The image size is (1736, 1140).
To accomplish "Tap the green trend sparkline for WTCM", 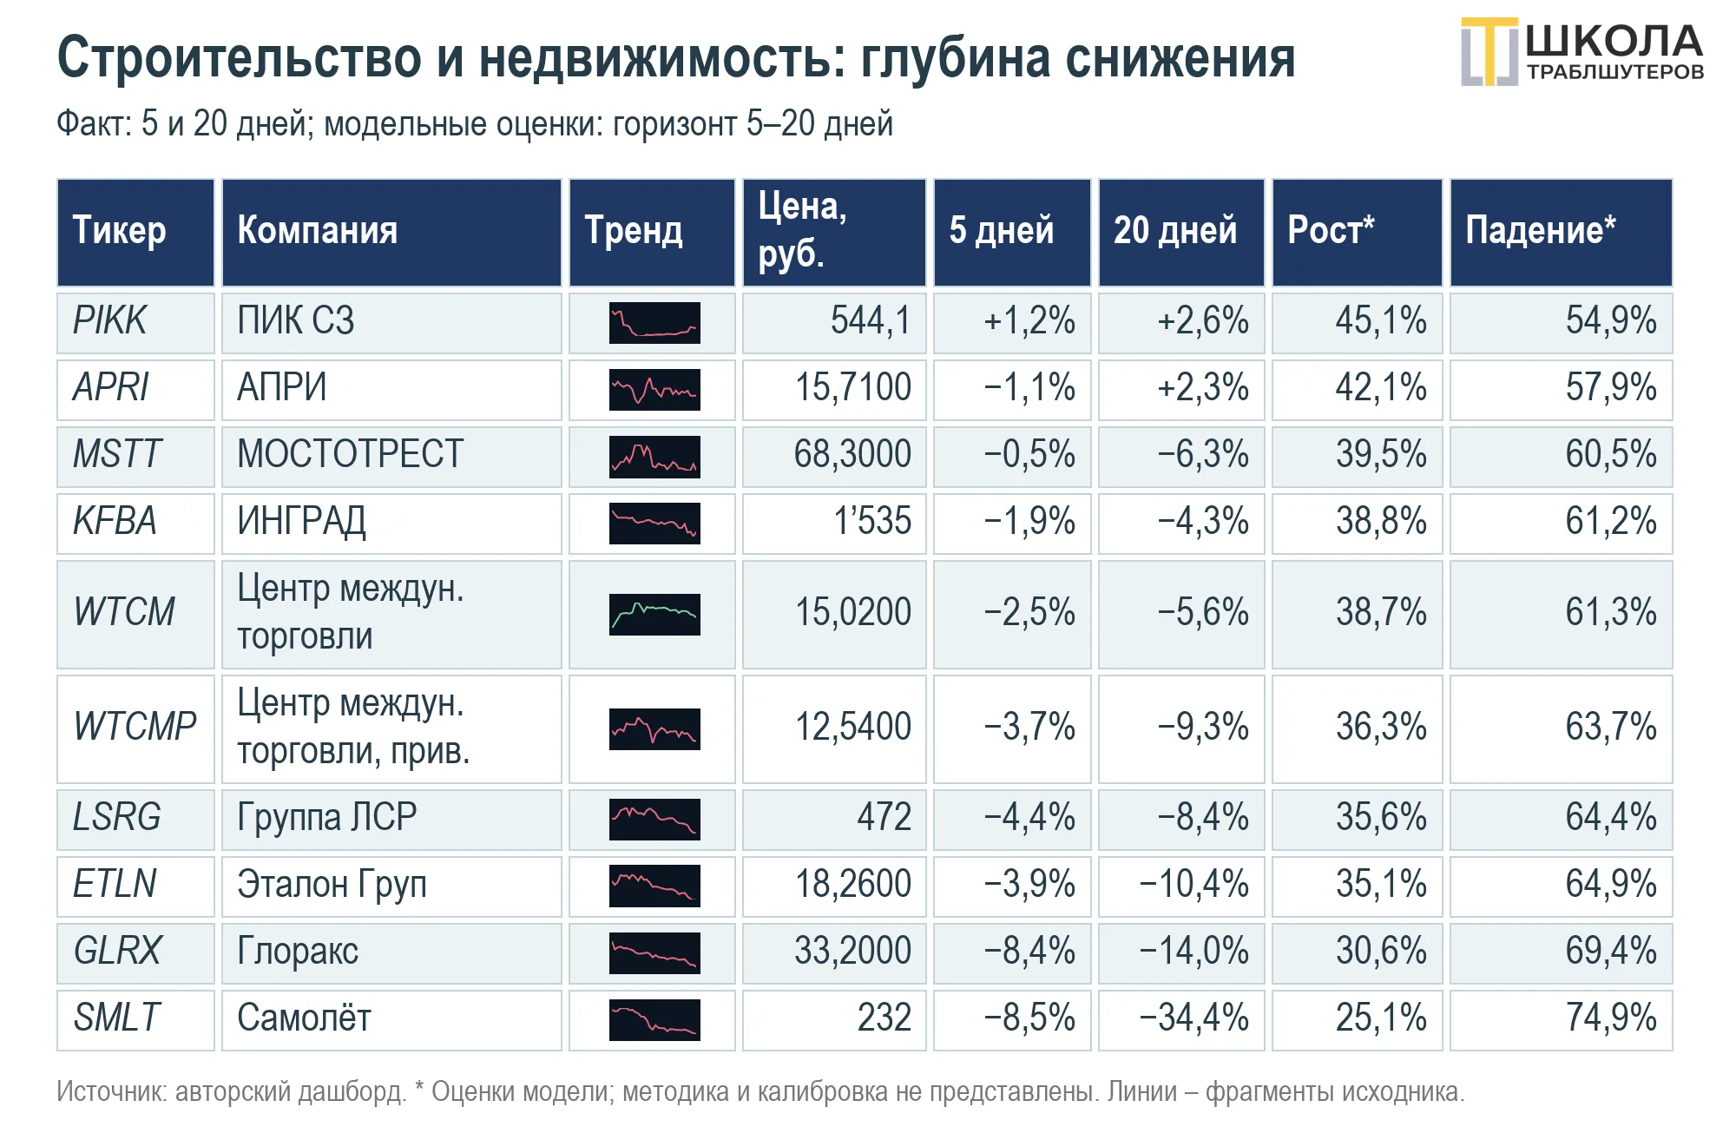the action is pos(654,615).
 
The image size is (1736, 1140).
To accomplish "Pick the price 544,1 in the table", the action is pos(871,321).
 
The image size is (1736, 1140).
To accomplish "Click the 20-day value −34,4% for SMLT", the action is pos(1194,1018).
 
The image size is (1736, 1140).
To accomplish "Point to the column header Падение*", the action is pos(1541,231).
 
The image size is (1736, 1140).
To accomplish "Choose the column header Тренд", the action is pos(634,232).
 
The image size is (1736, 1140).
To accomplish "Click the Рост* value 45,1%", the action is pos(1381,321).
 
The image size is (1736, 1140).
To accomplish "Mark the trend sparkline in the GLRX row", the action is pos(654,952).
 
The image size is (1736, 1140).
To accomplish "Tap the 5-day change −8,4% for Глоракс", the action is pos(1029,951).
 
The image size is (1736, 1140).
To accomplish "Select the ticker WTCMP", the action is pos(135,727).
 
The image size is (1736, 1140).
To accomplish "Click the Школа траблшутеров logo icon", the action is pos(1490,52).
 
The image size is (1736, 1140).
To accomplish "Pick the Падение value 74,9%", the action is pos(1611,1018).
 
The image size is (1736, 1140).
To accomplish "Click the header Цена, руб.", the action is pos(802,230).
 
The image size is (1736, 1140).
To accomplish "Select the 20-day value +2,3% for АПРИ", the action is pos(1203,388).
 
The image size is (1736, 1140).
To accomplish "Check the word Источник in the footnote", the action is pos(112,1091).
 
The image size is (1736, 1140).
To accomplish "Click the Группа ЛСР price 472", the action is pos(884,817).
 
